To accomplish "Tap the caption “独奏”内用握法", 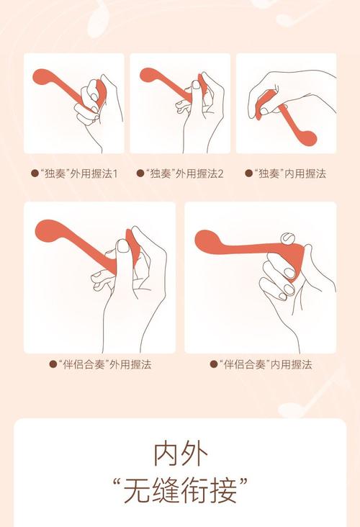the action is coord(289,174).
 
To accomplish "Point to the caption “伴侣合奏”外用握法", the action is coord(104,364).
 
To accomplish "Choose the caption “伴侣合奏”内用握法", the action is coord(265,364).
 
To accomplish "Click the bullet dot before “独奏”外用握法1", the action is coord(35,174).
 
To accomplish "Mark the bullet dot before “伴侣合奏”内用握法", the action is coord(213,364).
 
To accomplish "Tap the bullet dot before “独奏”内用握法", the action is coord(248,174).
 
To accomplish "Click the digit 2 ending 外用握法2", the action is coord(220,174).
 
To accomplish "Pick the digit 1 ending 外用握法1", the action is coord(115,174).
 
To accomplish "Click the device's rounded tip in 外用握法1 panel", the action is coord(41,77).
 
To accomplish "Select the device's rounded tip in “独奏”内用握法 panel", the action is coord(307,137).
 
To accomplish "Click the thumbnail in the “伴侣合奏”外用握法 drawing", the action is coord(123,246).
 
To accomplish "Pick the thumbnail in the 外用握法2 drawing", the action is coord(196,84).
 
